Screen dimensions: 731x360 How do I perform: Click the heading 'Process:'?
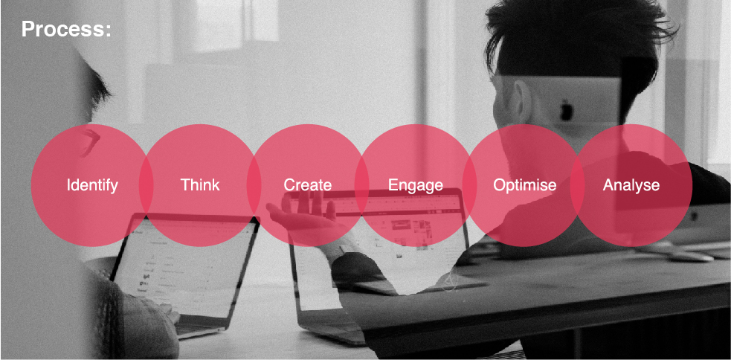(66, 29)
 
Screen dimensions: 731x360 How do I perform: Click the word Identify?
(92, 185)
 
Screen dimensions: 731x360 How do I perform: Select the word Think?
(200, 184)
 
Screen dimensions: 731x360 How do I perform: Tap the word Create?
(308, 184)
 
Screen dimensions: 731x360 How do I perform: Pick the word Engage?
(416, 185)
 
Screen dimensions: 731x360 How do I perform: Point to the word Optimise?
(525, 185)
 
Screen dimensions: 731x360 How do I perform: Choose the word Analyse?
(631, 185)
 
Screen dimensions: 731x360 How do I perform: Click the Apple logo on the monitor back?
(567, 111)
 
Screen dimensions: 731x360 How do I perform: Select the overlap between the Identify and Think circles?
(146, 185)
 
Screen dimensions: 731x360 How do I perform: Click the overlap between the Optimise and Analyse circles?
(577, 185)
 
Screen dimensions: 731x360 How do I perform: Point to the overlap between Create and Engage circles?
(361, 185)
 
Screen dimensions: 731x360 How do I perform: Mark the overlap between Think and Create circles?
(254, 185)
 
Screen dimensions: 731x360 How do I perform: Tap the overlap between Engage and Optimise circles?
(469, 185)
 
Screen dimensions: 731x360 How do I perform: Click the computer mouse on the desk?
(690, 256)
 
